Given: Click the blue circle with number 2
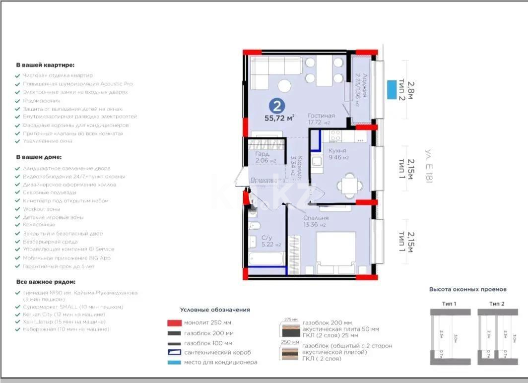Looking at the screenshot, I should click(276, 105).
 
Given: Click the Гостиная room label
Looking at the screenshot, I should click(321, 116).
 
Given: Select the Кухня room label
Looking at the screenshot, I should click(337, 150).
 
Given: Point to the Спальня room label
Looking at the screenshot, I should click(316, 218).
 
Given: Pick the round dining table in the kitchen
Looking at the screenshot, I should click(350, 186).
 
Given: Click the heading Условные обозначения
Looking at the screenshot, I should click(214, 310).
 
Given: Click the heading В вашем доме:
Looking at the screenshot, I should click(38, 157).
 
